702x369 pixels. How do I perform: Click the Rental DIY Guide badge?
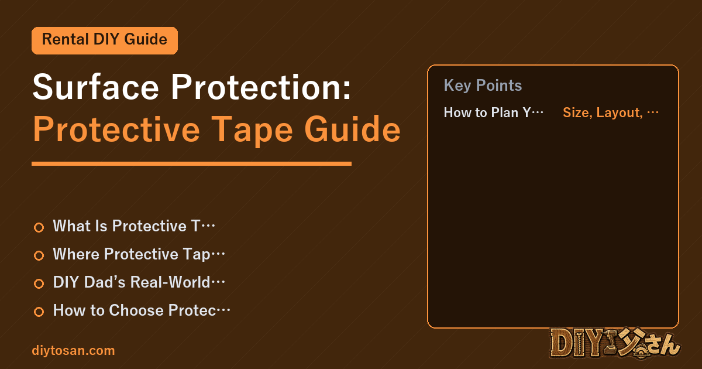105,40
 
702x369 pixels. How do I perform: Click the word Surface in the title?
95,87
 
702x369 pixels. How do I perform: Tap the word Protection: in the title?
261,87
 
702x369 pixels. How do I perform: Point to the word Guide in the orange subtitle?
352,129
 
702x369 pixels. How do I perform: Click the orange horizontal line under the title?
191,163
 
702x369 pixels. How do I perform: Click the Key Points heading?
483,86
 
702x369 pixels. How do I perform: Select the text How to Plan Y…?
494,112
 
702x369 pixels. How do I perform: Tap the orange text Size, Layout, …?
611,112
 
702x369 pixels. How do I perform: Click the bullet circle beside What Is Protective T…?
39,227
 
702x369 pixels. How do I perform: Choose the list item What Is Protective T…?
134,226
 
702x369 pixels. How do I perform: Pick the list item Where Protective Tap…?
139,254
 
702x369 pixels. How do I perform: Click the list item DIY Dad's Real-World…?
139,282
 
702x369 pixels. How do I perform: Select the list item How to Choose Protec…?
142,310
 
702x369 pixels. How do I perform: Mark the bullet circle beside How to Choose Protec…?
39,312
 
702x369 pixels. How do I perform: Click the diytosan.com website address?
73,350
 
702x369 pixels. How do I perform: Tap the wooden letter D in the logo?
561,343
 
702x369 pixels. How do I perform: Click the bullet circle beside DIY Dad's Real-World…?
39,283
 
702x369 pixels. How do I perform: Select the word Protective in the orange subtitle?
116,129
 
